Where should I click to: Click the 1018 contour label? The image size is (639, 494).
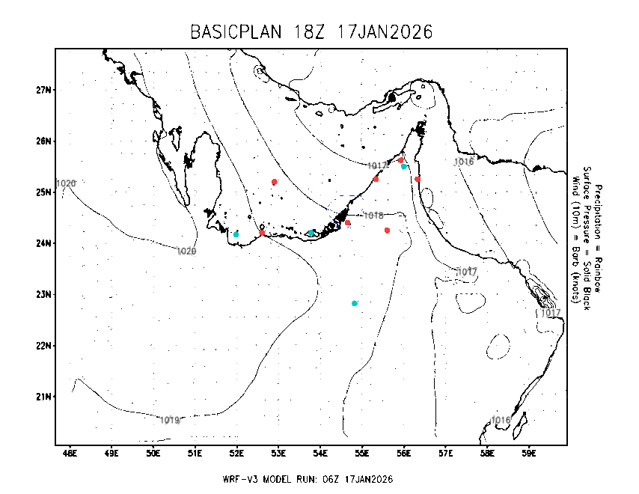[x=373, y=216]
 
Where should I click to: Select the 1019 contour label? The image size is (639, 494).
[x=170, y=420]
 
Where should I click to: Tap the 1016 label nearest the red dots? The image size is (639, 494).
[x=464, y=162]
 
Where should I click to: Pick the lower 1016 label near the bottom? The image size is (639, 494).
[x=501, y=420]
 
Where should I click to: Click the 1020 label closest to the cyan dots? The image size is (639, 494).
[x=186, y=251]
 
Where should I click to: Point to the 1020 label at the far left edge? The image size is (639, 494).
[x=67, y=183]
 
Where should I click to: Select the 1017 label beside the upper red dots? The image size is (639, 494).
[x=377, y=165]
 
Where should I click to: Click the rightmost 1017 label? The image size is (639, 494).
[x=551, y=313]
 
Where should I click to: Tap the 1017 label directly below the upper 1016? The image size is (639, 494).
[x=467, y=272]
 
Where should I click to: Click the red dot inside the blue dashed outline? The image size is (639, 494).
[x=347, y=222]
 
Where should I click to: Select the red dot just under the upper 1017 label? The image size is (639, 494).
[x=376, y=179]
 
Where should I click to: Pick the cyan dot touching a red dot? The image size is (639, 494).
[x=404, y=166]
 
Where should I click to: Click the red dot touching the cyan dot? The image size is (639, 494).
[x=400, y=160]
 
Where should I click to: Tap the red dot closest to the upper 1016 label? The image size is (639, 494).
[x=418, y=179]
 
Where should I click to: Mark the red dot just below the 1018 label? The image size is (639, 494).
[x=387, y=230]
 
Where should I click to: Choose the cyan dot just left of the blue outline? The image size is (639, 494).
[x=311, y=233]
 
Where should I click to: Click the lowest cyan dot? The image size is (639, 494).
[x=355, y=303]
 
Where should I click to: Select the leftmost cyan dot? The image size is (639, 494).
[x=236, y=234]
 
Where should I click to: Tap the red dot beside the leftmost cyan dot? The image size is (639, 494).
[x=262, y=233]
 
